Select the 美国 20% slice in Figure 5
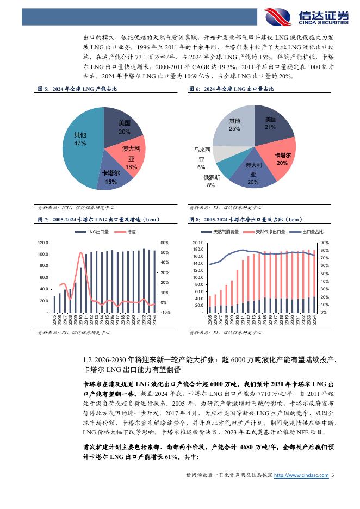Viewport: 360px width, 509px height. [123, 126]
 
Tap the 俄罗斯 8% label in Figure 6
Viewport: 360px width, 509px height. [212, 182]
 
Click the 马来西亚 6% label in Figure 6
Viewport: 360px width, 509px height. [201, 158]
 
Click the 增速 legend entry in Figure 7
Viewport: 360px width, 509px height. [128, 232]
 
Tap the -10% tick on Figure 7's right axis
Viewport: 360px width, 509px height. [165, 312]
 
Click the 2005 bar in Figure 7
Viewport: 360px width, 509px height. [54, 304]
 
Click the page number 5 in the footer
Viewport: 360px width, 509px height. [333, 475]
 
